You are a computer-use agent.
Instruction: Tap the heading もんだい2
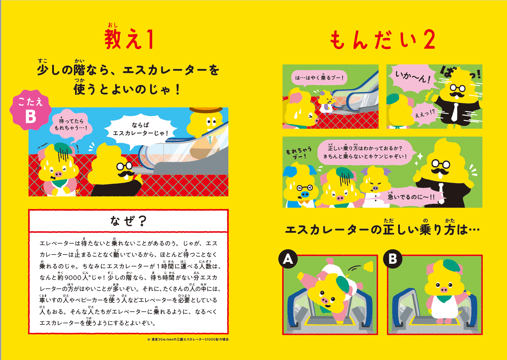coord(382,40)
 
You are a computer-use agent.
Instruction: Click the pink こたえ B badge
coord(31,110)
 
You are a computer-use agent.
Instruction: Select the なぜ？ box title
coord(128,221)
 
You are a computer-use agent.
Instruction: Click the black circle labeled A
coord(288,259)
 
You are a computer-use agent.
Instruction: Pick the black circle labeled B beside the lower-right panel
coord(392,259)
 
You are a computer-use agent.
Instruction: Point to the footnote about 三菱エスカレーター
coord(188,340)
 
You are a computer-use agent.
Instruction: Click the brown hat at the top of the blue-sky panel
coord(206,110)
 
